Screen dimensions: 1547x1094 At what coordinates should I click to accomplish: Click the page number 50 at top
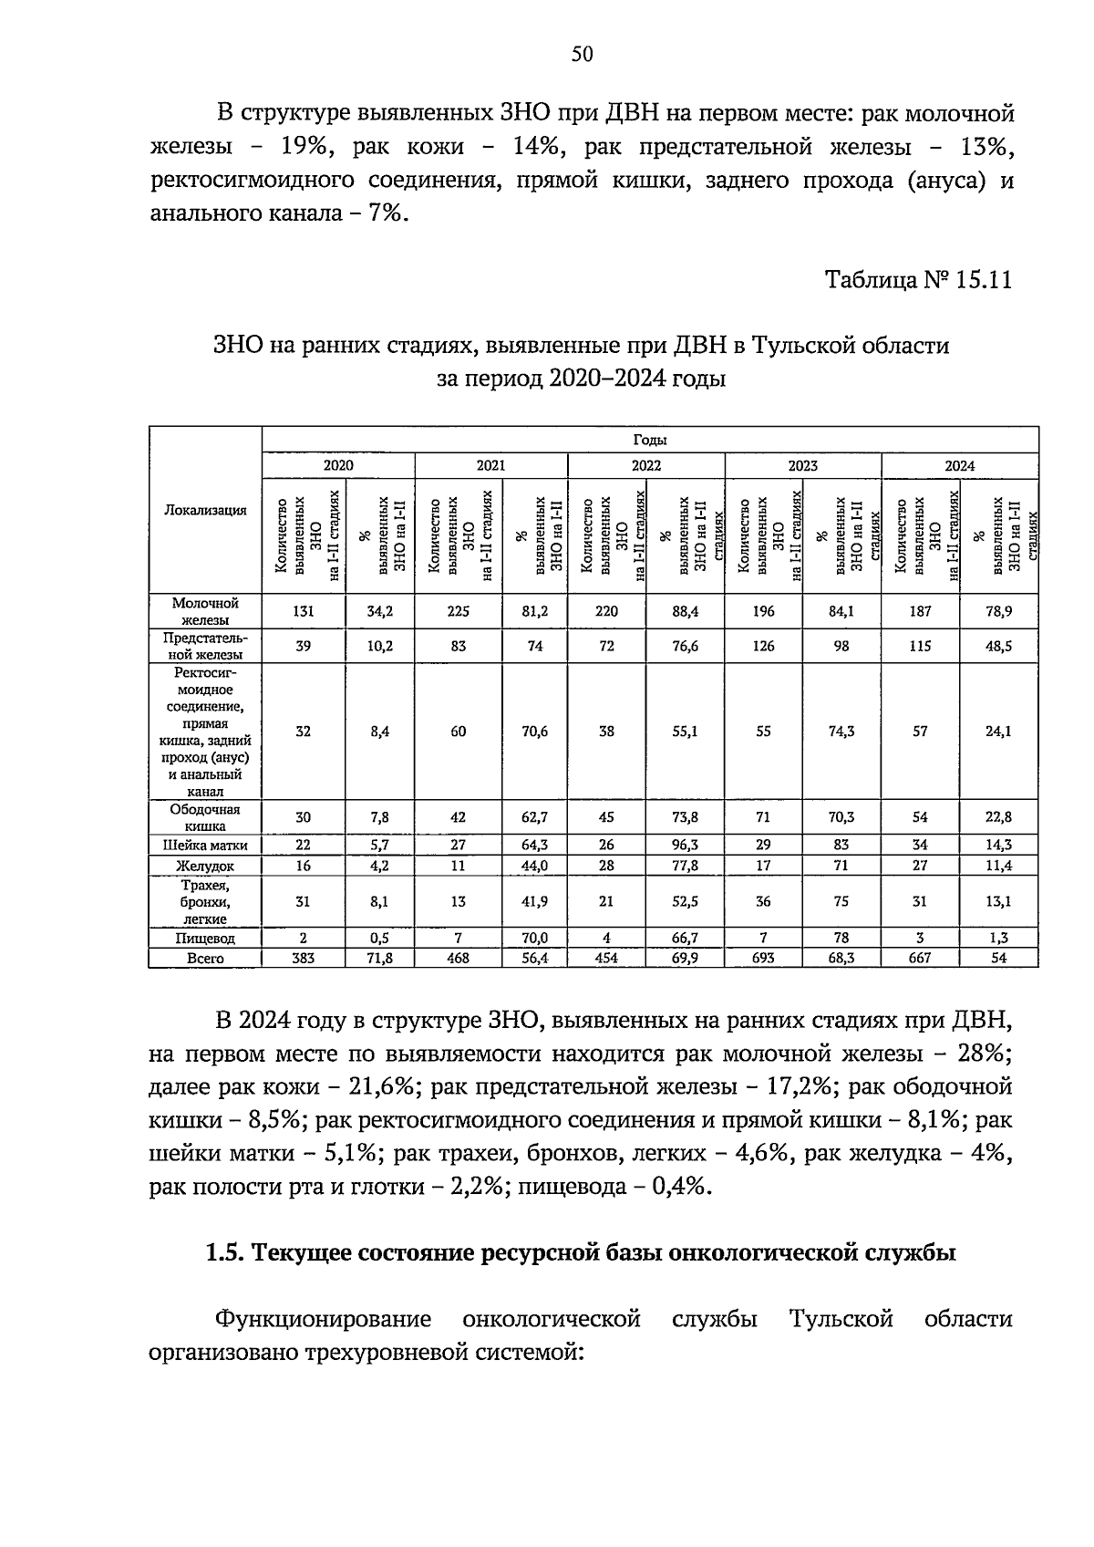tap(582, 55)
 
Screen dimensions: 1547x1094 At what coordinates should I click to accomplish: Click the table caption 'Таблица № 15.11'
tap(918, 279)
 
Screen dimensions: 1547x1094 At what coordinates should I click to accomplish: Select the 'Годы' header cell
tap(650, 440)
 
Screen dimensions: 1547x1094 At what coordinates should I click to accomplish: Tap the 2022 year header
tap(645, 465)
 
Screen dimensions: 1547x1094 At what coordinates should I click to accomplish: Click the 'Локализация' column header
tap(205, 510)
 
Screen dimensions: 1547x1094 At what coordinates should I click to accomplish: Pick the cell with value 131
tap(303, 612)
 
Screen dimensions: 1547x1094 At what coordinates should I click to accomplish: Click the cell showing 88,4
tap(685, 612)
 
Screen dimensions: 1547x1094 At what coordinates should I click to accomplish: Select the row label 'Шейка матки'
tap(205, 845)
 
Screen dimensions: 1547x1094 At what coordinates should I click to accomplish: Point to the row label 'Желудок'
tap(205, 866)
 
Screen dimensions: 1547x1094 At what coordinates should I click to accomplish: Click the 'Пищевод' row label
tap(205, 938)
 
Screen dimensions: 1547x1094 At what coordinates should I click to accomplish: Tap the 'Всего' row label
tap(205, 959)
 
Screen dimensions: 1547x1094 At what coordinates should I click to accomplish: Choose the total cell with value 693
tap(763, 959)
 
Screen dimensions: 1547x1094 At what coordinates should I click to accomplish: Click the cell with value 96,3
tap(685, 845)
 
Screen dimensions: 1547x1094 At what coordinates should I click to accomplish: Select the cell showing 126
tap(763, 646)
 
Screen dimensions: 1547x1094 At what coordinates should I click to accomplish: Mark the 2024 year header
tap(959, 465)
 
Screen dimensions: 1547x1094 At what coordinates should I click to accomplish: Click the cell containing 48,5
tap(999, 646)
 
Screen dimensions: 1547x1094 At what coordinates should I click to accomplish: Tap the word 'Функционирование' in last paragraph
tap(324, 1319)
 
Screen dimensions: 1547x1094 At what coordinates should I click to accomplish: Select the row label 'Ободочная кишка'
tap(205, 817)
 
